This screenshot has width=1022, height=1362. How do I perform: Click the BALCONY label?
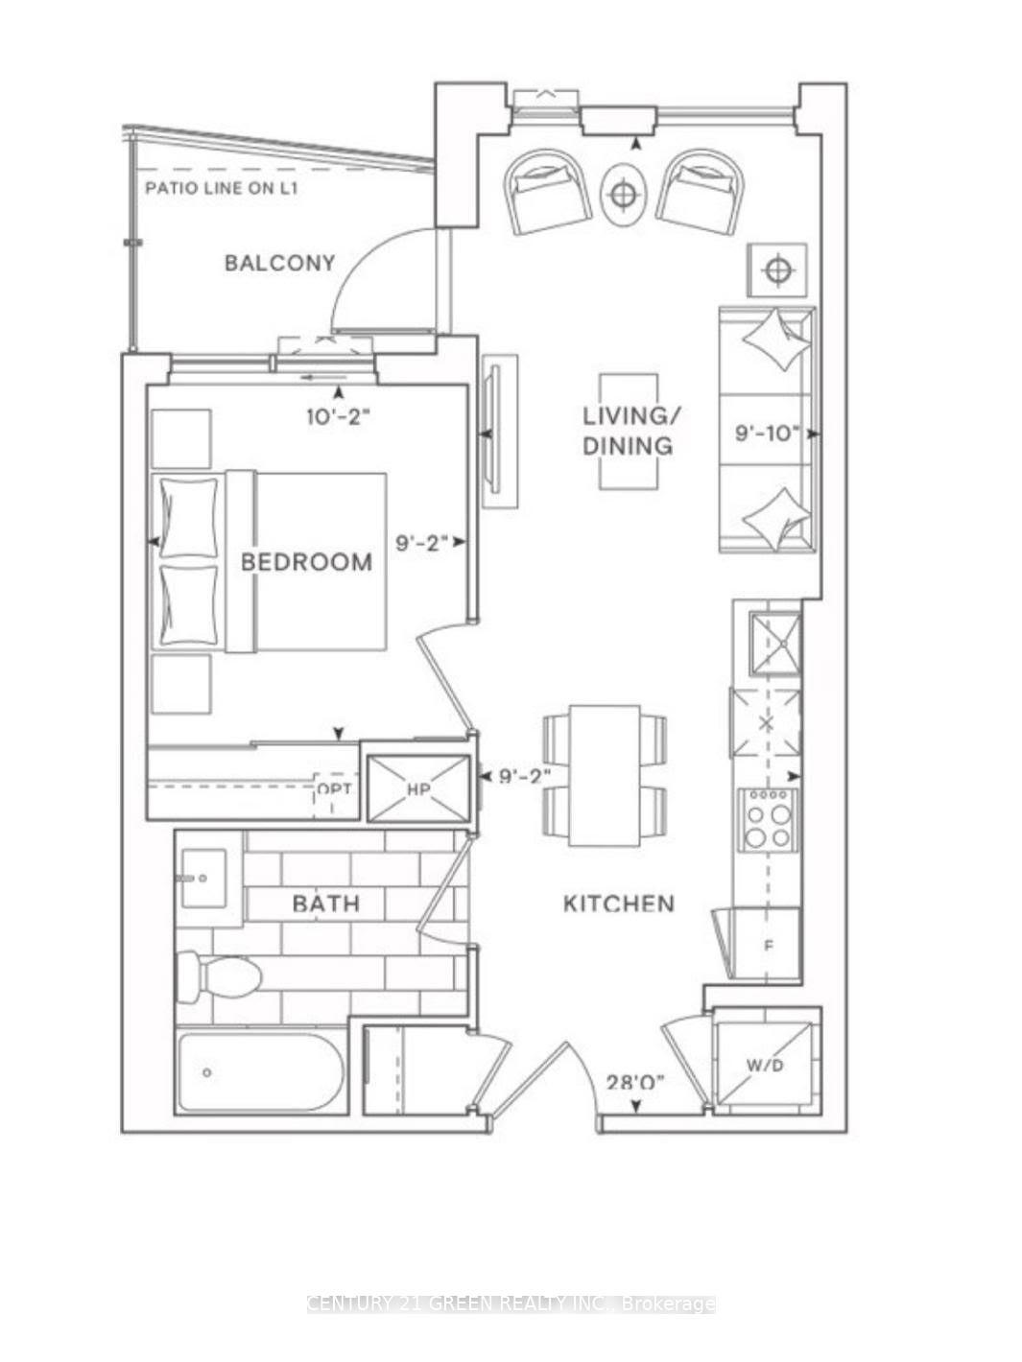click(279, 263)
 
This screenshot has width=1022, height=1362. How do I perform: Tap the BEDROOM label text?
click(306, 562)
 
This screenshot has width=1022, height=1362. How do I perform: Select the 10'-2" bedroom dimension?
click(338, 417)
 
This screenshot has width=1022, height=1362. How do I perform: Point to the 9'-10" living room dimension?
click(767, 434)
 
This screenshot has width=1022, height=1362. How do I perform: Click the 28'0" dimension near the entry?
click(635, 1083)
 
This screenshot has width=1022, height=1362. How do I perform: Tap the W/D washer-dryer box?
click(765, 1066)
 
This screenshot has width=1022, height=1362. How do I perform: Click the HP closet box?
click(418, 789)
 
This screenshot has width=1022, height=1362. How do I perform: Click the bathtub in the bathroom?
click(260, 1072)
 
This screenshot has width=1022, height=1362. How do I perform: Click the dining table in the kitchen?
click(605, 775)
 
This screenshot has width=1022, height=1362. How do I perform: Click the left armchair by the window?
click(548, 191)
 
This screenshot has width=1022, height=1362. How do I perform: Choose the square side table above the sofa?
click(776, 270)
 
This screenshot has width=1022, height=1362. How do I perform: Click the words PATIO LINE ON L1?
click(222, 188)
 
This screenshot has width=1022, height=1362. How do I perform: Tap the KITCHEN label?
click(618, 904)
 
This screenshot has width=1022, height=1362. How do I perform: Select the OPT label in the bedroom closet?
click(334, 788)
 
